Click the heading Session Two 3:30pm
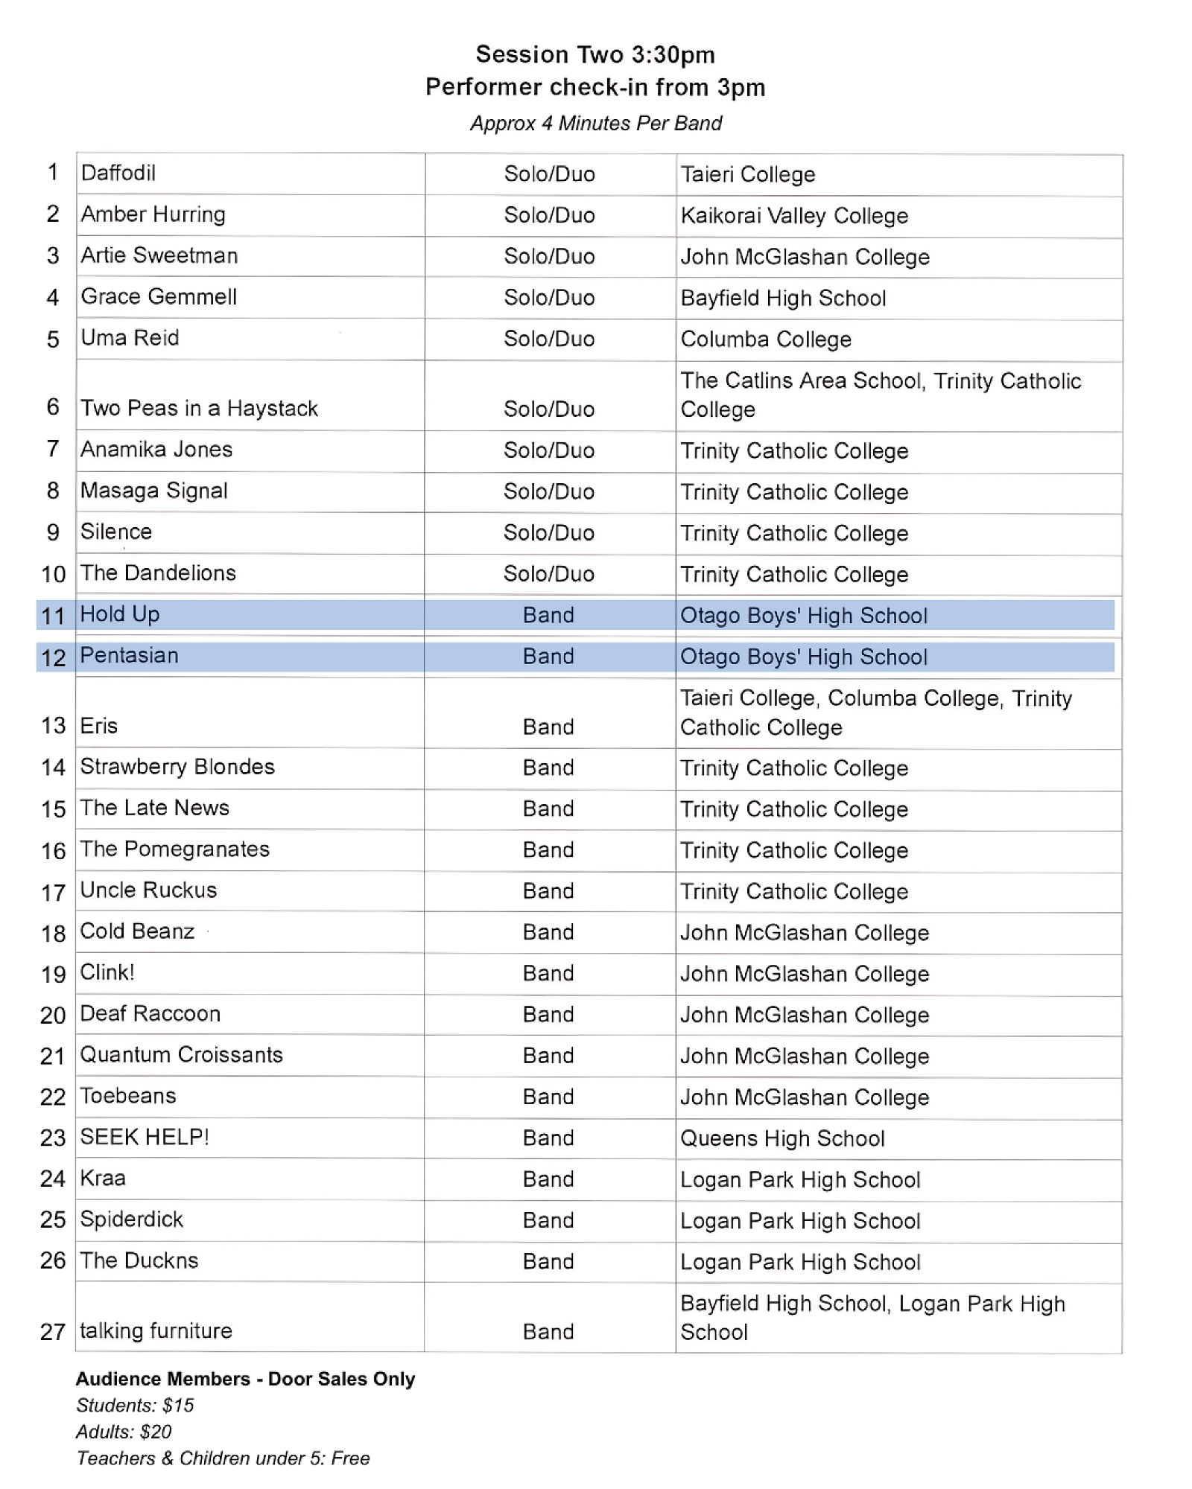[x=595, y=54]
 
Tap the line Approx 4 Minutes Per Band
[x=595, y=123]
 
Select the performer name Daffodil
[x=118, y=173]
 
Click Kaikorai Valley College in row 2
[x=794, y=216]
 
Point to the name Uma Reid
[x=130, y=338]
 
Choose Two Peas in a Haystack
[x=199, y=408]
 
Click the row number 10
[x=53, y=574]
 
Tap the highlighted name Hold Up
[x=120, y=614]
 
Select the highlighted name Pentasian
[x=129, y=655]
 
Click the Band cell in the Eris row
[x=548, y=727]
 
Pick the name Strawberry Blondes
[x=177, y=767]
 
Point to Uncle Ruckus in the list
[x=148, y=890]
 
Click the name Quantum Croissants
[x=181, y=1055]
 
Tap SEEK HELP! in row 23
[x=145, y=1137]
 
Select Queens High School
[x=782, y=1138]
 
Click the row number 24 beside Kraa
[x=53, y=1179]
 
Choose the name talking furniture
[x=156, y=1330]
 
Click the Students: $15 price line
[x=135, y=1405]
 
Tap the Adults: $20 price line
[x=124, y=1431]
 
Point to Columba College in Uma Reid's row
[x=766, y=339]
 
